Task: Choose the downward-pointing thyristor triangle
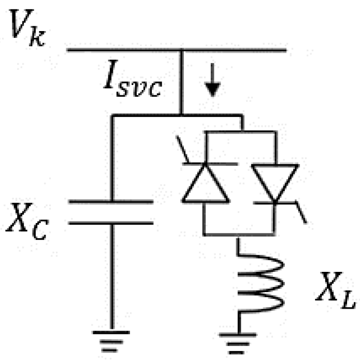275,182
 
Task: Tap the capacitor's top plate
111,201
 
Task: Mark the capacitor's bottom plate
111,223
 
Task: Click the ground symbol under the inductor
238,342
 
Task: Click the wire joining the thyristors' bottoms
238,234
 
